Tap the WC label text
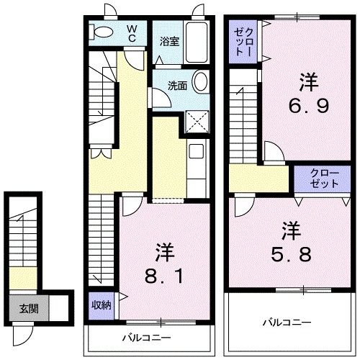click(x=133, y=32)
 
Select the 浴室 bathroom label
click(x=170, y=41)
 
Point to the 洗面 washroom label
click(x=177, y=85)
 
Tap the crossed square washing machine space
click(x=196, y=120)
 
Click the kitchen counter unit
click(x=195, y=162)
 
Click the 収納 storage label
click(x=101, y=305)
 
